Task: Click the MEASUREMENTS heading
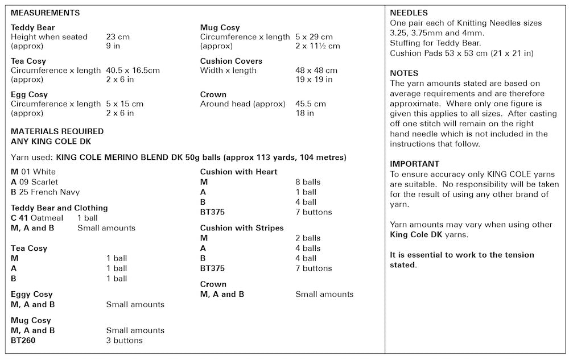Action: pos(46,13)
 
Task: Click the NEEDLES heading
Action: pos(409,13)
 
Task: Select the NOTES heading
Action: pos(404,73)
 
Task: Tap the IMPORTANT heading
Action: pos(415,163)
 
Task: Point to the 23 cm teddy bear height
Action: pos(118,37)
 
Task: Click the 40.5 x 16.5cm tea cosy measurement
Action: pos(133,71)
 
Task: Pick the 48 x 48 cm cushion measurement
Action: pos(316,71)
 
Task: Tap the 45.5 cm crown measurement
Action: pos(311,104)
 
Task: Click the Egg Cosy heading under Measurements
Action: pos(30,94)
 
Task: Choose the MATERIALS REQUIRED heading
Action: pos(57,131)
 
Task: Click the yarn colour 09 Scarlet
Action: pos(38,182)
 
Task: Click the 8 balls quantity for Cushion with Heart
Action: pos(308,182)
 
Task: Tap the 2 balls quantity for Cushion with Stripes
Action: pos(308,238)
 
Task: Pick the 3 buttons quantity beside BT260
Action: pos(124,340)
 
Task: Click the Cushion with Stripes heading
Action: pos(242,228)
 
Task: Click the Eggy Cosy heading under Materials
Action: pos(32,294)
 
